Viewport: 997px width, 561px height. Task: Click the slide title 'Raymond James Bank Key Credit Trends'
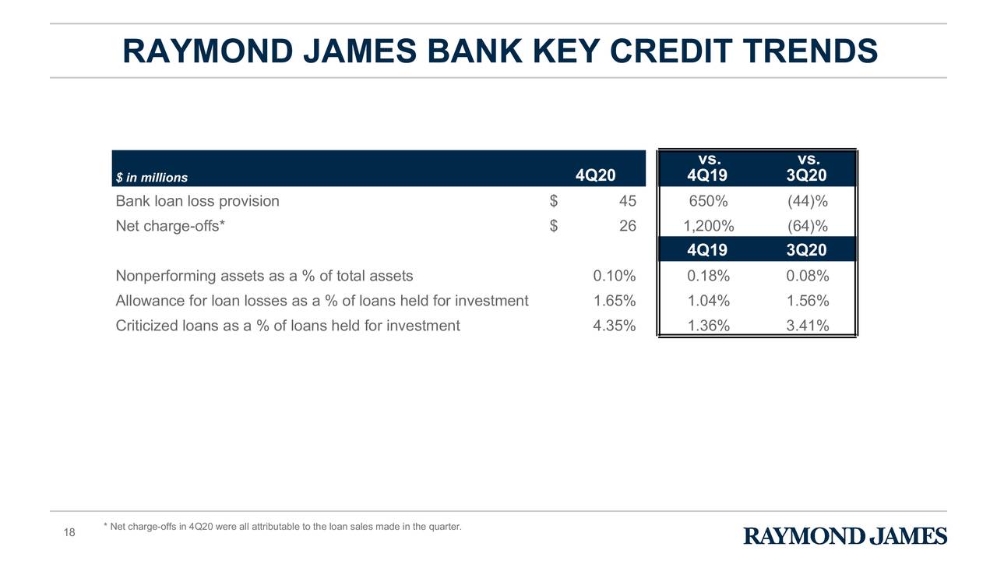(499, 51)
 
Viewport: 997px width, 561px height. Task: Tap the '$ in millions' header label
(152, 177)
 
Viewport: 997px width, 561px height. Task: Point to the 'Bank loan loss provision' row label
(197, 201)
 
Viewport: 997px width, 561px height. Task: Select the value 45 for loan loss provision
(627, 201)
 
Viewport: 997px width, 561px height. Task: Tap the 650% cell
(708, 201)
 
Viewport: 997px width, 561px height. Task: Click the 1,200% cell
(708, 226)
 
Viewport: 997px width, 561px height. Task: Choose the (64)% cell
(807, 226)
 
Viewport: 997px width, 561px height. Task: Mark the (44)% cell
(807, 201)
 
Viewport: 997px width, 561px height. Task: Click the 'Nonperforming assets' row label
(264, 276)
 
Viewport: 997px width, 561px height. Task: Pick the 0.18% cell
(708, 276)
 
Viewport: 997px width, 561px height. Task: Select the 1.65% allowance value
(614, 301)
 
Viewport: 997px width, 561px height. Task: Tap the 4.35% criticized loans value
(614, 326)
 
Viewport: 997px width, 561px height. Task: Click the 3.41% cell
(807, 326)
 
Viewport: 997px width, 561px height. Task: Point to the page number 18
(69, 532)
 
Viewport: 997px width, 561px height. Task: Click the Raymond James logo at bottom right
(845, 536)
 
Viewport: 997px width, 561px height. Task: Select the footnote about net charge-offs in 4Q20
(282, 527)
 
